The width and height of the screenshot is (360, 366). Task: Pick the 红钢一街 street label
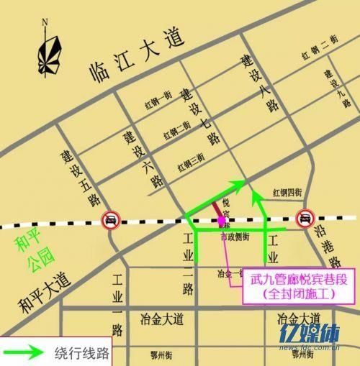(158, 102)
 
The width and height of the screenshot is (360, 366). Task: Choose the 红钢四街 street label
(287, 192)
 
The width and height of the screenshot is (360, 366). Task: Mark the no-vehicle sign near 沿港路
(305, 217)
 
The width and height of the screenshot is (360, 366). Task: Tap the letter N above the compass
(45, 21)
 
